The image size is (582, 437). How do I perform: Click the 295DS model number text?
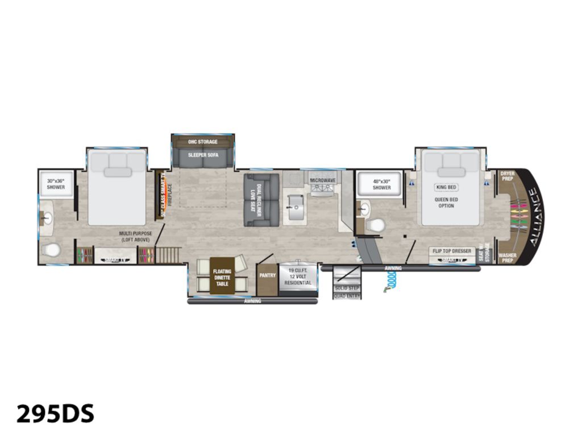click(55, 414)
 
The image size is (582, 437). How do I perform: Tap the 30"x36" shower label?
click(56, 184)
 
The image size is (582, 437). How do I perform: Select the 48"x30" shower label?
click(382, 184)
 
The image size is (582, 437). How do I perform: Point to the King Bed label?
click(446, 187)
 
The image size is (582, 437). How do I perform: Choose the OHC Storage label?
click(203, 141)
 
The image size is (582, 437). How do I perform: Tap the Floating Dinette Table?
click(222, 275)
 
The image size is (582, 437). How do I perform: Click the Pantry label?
click(267, 275)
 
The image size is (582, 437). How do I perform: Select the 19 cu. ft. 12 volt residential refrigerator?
click(298, 276)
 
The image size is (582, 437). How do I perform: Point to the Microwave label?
click(323, 180)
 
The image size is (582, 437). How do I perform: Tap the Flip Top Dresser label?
click(452, 251)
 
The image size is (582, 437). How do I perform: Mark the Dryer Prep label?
click(508, 176)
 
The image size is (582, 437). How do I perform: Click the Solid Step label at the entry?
click(347, 288)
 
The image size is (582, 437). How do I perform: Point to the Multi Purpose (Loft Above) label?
click(136, 236)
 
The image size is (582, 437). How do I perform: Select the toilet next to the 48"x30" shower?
click(375, 225)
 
